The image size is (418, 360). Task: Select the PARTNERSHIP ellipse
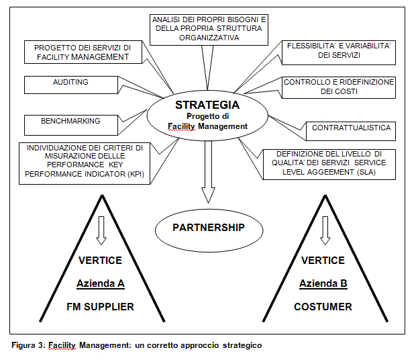[x=208, y=228]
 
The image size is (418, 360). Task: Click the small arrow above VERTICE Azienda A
[x=101, y=230]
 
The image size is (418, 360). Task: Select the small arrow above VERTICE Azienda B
[x=325, y=230]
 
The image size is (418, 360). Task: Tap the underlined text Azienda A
[x=101, y=283]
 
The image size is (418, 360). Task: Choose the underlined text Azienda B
[x=324, y=283]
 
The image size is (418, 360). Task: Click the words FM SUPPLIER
[x=101, y=306]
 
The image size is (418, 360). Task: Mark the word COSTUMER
[x=324, y=306]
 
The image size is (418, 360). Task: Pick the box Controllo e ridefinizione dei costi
[x=339, y=87]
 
